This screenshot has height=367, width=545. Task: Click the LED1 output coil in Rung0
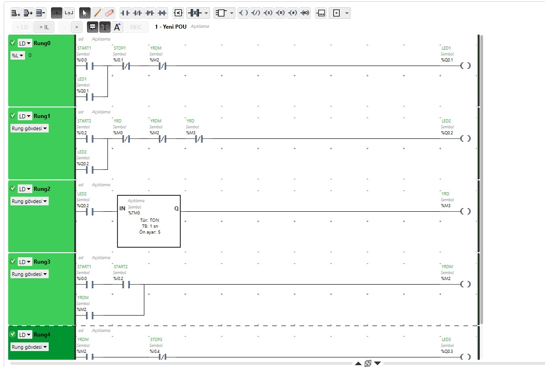coord(465,66)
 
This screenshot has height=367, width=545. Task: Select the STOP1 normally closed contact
coord(126,66)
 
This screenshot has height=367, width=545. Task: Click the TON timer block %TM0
coord(149,221)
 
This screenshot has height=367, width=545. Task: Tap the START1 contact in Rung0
coord(90,66)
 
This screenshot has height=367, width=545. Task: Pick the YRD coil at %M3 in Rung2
coord(465,211)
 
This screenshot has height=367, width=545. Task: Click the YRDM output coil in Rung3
coord(465,284)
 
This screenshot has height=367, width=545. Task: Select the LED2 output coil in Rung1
coord(465,138)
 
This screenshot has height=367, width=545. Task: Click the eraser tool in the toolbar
coord(109,13)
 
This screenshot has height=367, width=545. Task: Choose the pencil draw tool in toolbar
coord(97,13)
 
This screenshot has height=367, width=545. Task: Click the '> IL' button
coord(44,27)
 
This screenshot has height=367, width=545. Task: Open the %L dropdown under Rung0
coord(18,55)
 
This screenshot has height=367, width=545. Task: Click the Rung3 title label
coord(42,262)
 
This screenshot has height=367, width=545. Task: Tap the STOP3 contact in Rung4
coord(163,357)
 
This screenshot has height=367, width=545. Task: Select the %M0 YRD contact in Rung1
coord(126,139)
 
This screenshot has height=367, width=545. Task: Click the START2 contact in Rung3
coord(126,285)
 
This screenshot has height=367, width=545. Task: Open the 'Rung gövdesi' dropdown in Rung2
coord(30,201)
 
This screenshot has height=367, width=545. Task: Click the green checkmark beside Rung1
coord(13,116)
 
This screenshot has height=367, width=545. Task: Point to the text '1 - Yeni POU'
coord(171,27)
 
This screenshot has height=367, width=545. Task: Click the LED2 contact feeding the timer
coord(90,212)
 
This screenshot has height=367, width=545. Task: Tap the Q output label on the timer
coord(176,209)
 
